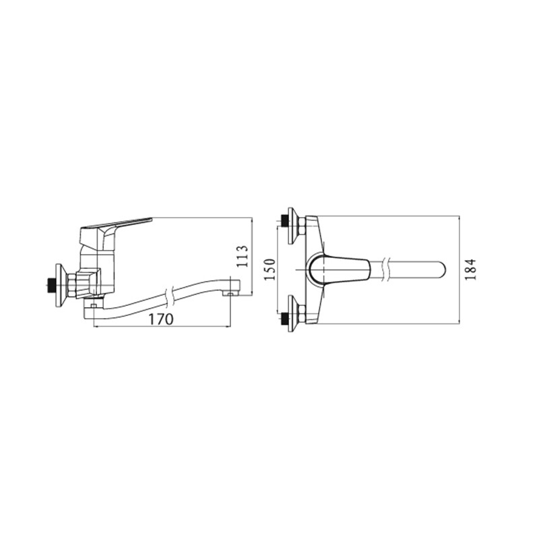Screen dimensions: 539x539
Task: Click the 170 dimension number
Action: pos(161,319)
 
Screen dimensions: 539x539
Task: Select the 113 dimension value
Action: pos(243,256)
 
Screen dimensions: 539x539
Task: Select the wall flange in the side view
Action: pos(60,284)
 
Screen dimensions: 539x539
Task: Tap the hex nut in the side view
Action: pos(73,284)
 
